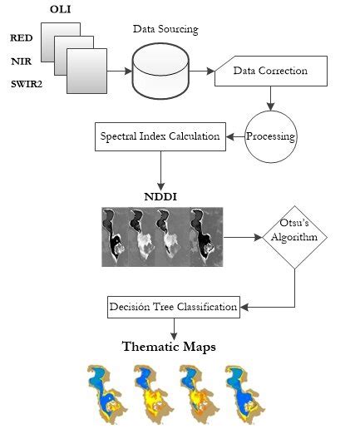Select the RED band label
(21, 38)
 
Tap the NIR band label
(21, 61)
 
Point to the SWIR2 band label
(26, 84)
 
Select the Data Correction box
(269, 71)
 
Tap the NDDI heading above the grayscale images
(162, 198)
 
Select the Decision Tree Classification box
(174, 307)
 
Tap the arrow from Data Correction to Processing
(270, 98)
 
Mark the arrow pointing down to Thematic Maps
(173, 328)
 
